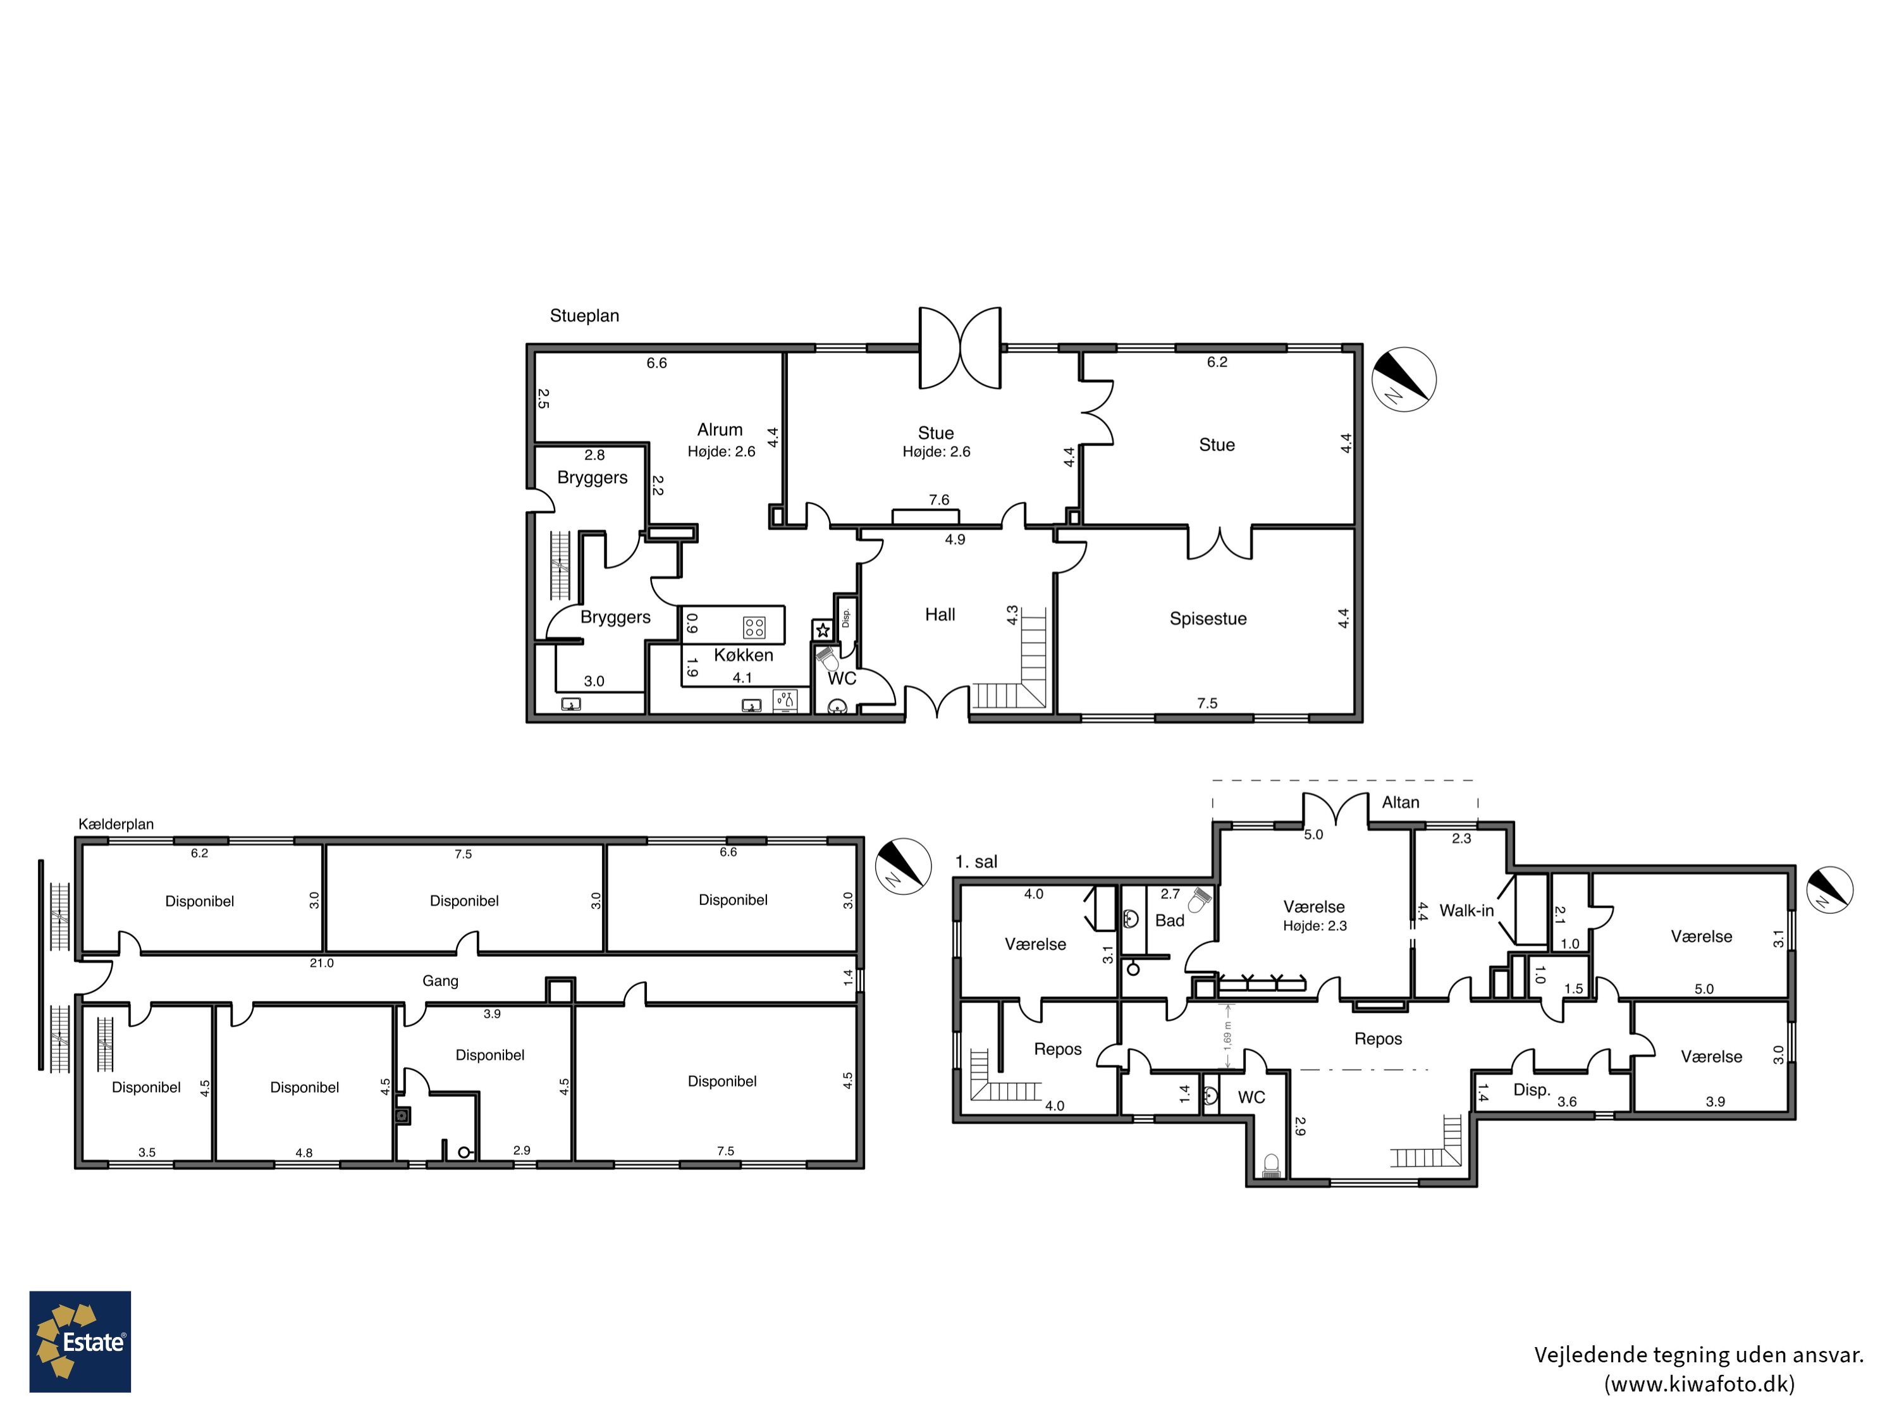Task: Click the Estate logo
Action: (x=80, y=1341)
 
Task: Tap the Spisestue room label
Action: (x=1208, y=619)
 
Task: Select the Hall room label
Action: (x=940, y=614)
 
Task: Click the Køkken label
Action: (x=744, y=655)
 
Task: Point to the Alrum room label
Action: (x=720, y=429)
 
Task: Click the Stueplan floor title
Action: (x=584, y=316)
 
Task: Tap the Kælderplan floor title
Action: (x=116, y=824)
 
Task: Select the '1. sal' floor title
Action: (x=976, y=862)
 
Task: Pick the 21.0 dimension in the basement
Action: (x=322, y=963)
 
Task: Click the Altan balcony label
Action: (x=1401, y=802)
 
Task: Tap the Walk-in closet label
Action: (x=1466, y=911)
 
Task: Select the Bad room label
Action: (x=1170, y=920)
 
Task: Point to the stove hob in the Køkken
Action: (x=754, y=627)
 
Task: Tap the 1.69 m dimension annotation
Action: (x=1227, y=1036)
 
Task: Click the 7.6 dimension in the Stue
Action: (x=939, y=499)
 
